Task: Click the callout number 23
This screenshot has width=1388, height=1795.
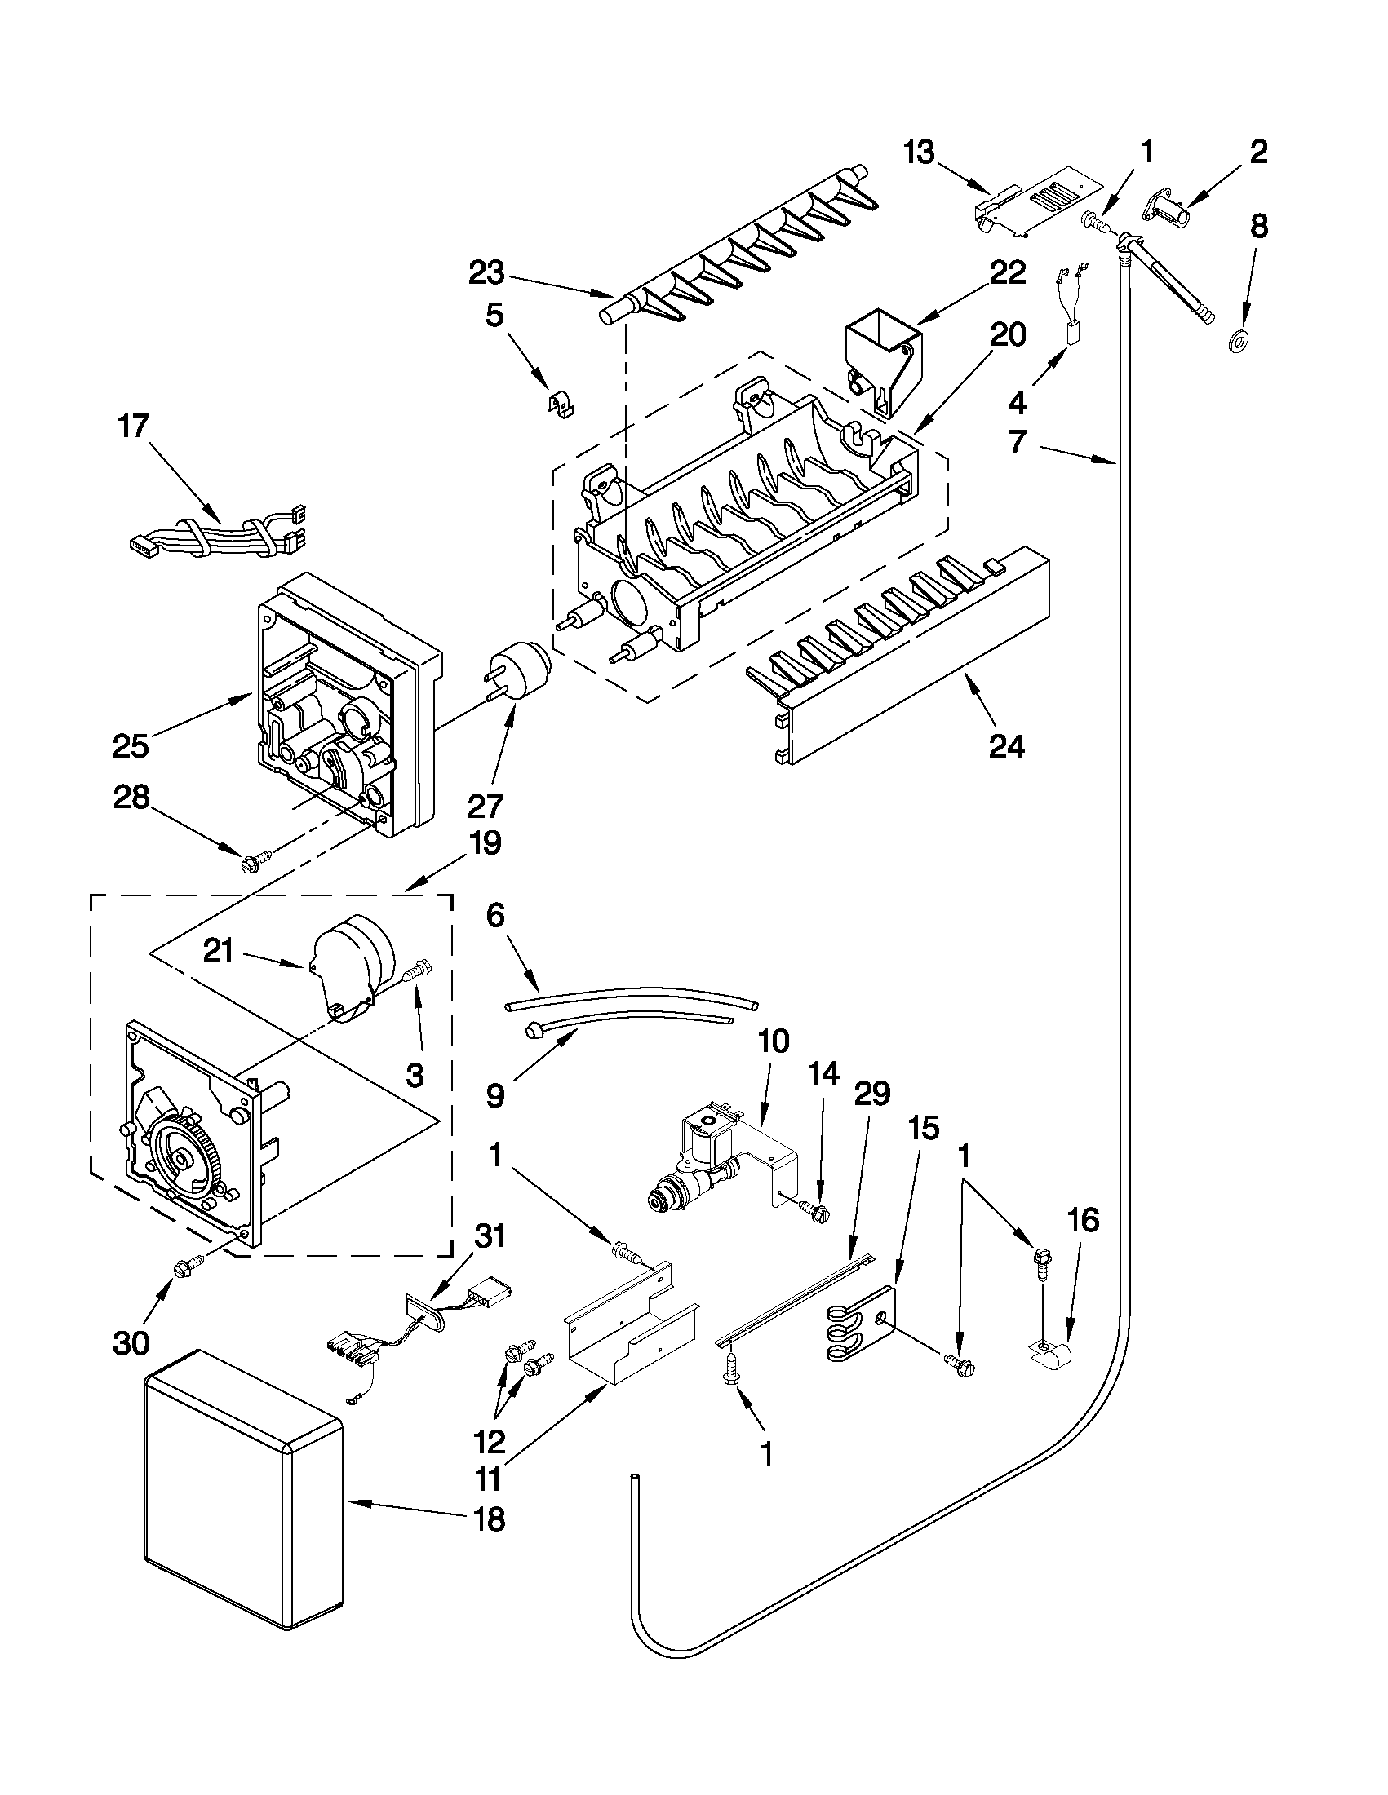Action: (x=486, y=273)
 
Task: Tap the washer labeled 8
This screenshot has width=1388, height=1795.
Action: (x=1235, y=340)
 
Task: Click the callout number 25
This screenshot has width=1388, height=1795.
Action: (x=131, y=745)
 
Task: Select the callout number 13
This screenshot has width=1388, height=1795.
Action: (x=920, y=152)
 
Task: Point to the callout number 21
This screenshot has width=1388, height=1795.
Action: (x=220, y=951)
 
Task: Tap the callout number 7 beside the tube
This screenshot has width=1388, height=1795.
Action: (x=1018, y=442)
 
